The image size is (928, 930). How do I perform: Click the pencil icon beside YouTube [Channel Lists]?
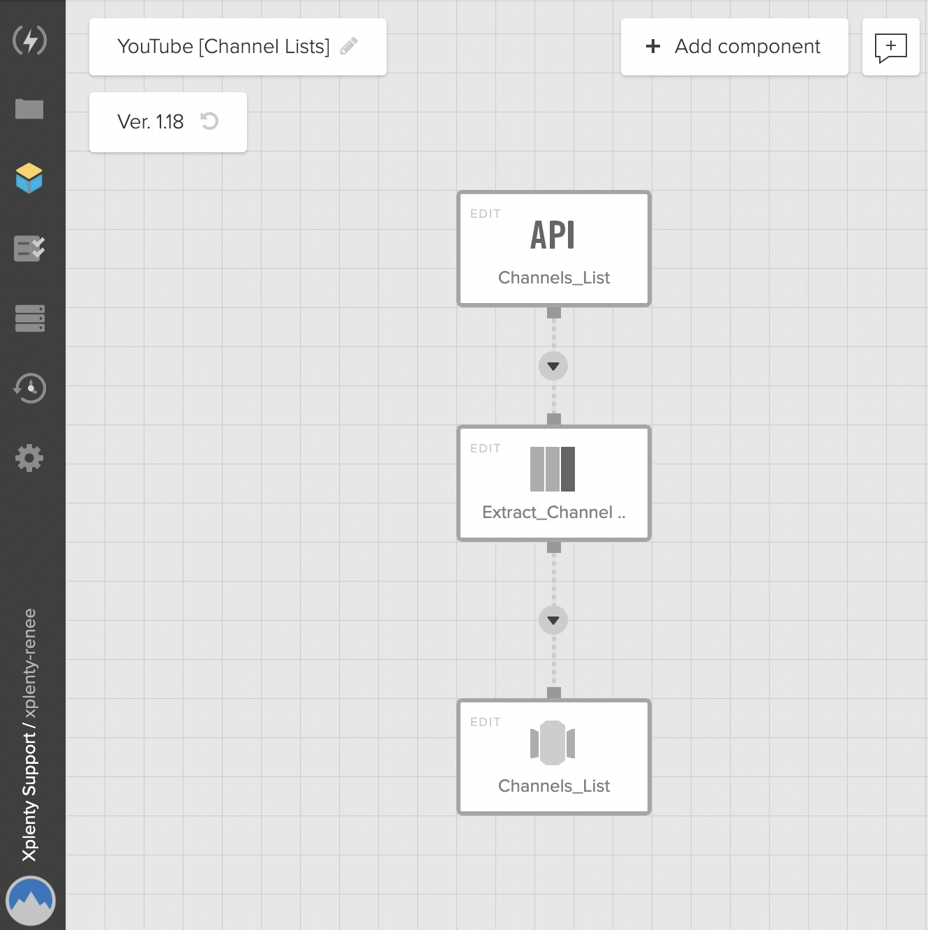click(x=349, y=46)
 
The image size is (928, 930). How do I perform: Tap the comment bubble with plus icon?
click(x=890, y=47)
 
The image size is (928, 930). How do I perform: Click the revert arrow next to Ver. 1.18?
click(x=210, y=121)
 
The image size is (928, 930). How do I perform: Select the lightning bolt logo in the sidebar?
click(x=29, y=40)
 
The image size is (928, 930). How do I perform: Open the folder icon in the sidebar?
click(x=29, y=109)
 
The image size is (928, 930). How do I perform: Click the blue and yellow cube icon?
click(x=29, y=178)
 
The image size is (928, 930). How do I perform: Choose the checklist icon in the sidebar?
click(x=29, y=249)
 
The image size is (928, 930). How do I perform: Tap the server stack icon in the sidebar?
click(x=29, y=318)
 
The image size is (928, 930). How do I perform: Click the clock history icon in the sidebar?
click(x=29, y=388)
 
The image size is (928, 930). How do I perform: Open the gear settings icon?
click(x=29, y=458)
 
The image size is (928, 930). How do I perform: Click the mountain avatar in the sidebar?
click(x=31, y=901)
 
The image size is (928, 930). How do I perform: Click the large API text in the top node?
click(x=553, y=235)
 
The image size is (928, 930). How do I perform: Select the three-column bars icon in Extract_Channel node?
click(x=553, y=469)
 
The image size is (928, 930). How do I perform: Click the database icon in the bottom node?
click(x=553, y=743)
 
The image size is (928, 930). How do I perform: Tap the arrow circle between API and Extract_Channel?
click(x=553, y=367)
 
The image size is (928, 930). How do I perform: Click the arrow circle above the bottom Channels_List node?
click(x=553, y=620)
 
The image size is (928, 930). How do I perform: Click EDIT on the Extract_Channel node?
click(x=486, y=448)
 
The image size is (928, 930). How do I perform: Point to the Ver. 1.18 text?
click(x=151, y=121)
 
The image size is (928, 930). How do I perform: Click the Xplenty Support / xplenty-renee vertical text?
click(x=29, y=735)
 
